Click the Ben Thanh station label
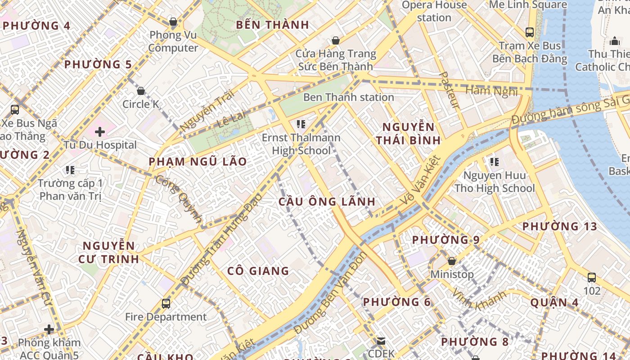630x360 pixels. (348, 97)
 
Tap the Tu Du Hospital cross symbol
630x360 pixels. (100, 132)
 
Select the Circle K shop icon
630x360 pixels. (141, 91)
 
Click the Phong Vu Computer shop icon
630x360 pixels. (173, 22)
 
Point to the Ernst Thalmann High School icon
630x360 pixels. (301, 124)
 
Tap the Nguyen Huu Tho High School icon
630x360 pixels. (494, 162)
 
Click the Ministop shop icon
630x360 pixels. (452, 261)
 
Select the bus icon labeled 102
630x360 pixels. (592, 278)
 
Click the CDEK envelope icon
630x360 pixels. (381, 341)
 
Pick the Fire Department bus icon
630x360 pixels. (166, 303)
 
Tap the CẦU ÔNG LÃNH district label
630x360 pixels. (327, 202)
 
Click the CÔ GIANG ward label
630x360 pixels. (258, 271)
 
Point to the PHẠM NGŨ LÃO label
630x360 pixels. (198, 162)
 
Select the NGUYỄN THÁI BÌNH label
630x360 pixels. (408, 133)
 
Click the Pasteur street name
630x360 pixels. (450, 90)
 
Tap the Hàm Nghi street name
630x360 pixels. (491, 91)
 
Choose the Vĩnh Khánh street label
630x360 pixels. (479, 299)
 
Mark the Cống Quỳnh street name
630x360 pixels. (179, 198)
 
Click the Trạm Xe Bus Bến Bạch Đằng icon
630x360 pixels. (530, 32)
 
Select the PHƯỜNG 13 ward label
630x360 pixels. (559, 226)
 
